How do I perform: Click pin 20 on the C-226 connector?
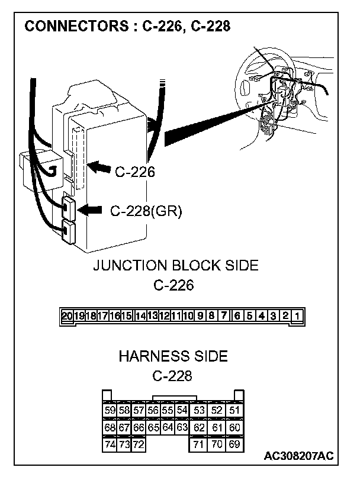coord(66,316)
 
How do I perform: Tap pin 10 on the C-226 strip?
coord(189,316)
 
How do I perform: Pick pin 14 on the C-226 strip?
coord(140,316)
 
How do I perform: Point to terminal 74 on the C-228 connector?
coord(110,444)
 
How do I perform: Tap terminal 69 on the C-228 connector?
coord(234,444)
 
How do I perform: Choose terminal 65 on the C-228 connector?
coord(153,427)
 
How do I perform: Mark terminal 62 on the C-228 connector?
coord(200,427)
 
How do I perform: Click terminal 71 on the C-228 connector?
coord(200,444)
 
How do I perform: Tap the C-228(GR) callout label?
coord(146,210)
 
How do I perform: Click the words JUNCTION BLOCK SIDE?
coord(175,265)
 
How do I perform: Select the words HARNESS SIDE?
coord(173,356)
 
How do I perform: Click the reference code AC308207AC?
coord(298,456)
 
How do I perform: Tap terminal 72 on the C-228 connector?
coord(139,444)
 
